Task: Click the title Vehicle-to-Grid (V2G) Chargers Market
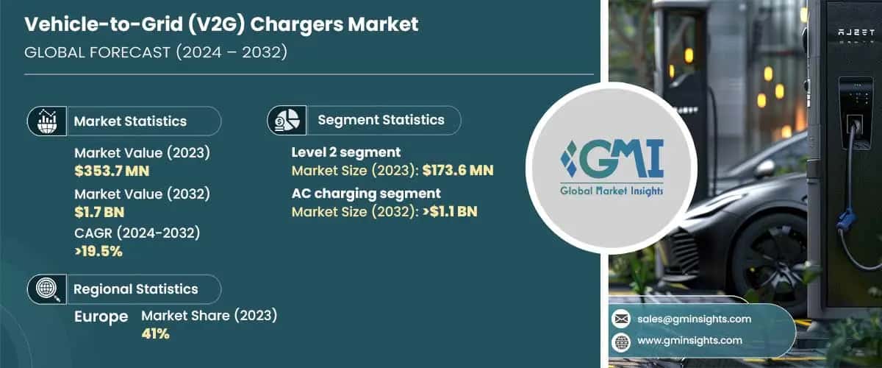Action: (221, 24)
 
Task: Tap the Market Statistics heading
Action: (130, 121)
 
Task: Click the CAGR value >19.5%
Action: (98, 251)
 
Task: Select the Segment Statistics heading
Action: (381, 120)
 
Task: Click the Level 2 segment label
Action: (346, 152)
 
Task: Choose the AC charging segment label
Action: (366, 194)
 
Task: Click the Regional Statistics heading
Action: (135, 289)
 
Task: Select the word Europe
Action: (101, 316)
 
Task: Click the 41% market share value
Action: (155, 334)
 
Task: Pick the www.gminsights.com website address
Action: (689, 340)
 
